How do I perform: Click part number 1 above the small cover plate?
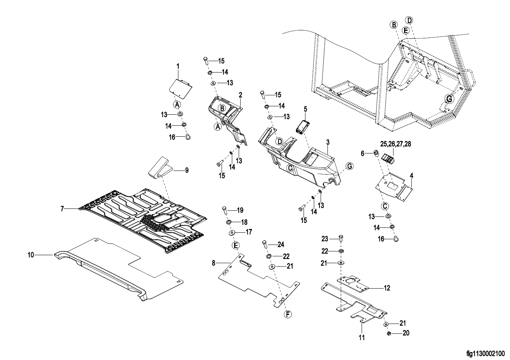[178, 66]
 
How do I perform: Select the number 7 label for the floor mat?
[62, 208]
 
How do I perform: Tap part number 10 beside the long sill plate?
[31, 255]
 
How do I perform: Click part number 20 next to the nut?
[406, 333]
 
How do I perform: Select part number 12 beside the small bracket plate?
[387, 288]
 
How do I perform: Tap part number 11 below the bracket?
[362, 337]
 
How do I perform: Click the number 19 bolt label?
[240, 210]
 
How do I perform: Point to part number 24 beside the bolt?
[281, 244]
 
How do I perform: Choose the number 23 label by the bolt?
[324, 239]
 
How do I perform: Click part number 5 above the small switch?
[305, 109]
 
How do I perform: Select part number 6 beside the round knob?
[362, 153]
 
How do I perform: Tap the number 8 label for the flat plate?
[213, 262]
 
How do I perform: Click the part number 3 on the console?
[328, 142]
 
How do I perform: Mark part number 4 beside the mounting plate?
[411, 176]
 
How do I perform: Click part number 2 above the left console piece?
[240, 94]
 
